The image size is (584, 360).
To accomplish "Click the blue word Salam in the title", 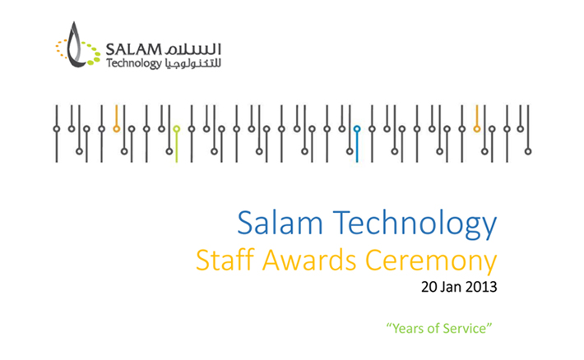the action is pyautogui.click(x=280, y=223).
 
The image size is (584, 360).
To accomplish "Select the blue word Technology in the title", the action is pyautogui.click(x=415, y=224).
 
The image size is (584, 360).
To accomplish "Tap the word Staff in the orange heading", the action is pyautogui.click(x=225, y=260).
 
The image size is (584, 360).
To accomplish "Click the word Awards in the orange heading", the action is pyautogui.click(x=309, y=260).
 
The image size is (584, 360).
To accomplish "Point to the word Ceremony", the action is pyautogui.click(x=431, y=262).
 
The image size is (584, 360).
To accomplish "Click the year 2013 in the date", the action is pyautogui.click(x=481, y=287).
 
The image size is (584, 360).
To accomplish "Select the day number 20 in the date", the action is pyautogui.click(x=429, y=287).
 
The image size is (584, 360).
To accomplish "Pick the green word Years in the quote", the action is pyautogui.click(x=408, y=329).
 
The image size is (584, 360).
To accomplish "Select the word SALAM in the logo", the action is pyautogui.click(x=133, y=49).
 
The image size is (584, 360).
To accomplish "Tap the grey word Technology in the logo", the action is pyautogui.click(x=133, y=63).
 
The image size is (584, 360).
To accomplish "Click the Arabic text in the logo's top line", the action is pyautogui.click(x=192, y=49).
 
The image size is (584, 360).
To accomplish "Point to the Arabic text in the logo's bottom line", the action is pyautogui.click(x=192, y=63).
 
